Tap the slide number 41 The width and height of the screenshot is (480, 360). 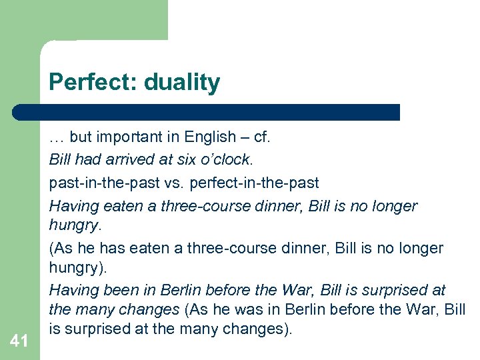pos(19,341)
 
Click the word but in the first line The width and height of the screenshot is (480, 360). pos(80,137)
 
